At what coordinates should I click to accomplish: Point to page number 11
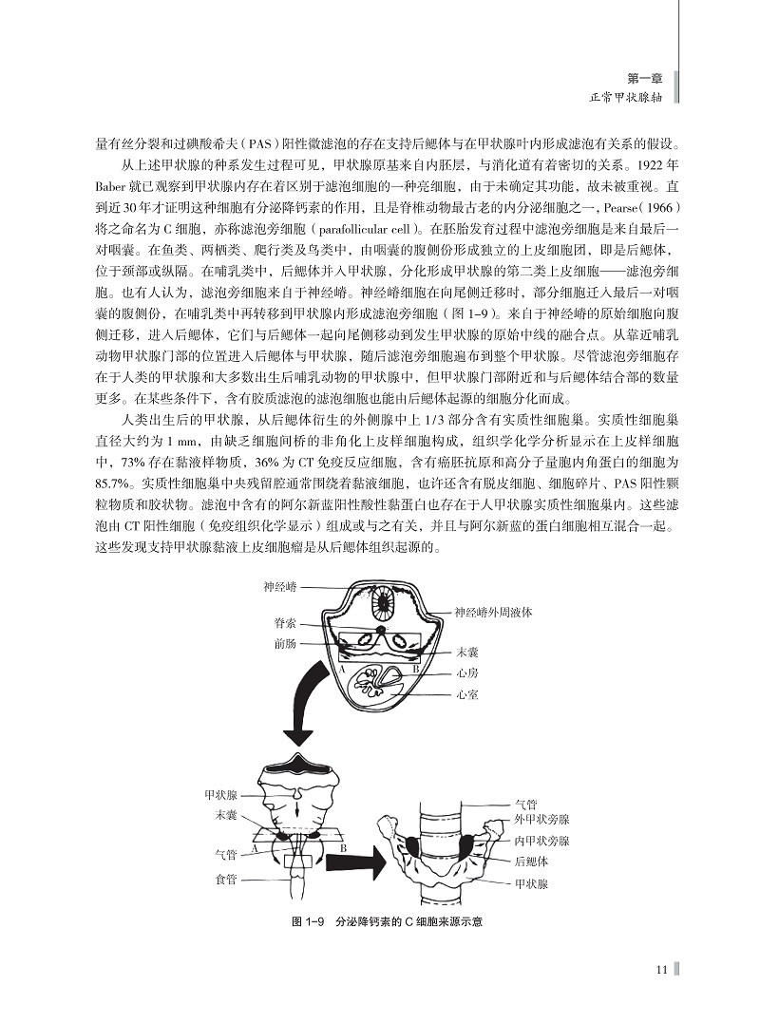point(662,969)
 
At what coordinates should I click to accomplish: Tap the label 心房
point(465,673)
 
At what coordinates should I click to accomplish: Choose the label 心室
point(465,694)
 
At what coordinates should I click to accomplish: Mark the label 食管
point(226,879)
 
